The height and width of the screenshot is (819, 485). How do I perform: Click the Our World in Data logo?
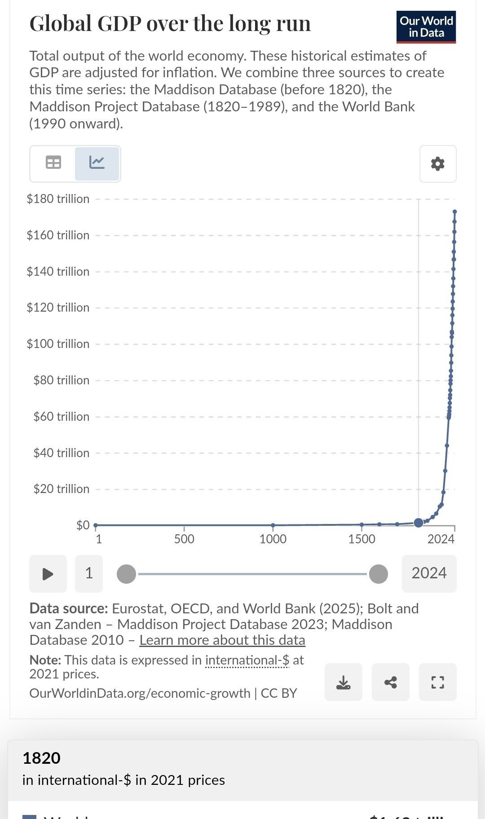[x=426, y=27]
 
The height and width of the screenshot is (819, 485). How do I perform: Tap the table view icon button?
[x=53, y=163]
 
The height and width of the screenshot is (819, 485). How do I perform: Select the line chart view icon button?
[x=97, y=163]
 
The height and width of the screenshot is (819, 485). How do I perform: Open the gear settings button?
[x=438, y=164]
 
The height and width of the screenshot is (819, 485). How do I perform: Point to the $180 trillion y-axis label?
[x=58, y=199]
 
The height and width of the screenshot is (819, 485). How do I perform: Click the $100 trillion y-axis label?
[x=58, y=344]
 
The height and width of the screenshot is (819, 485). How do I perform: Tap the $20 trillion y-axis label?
[x=61, y=489]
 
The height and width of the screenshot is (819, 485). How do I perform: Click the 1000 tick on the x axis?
[x=273, y=539]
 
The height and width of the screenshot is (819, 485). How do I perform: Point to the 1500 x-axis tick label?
[x=362, y=539]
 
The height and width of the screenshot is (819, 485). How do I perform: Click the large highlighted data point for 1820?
[x=419, y=522]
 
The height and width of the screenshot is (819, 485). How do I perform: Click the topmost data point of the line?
[x=454, y=211]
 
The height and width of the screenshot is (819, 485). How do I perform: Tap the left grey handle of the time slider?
[x=126, y=574]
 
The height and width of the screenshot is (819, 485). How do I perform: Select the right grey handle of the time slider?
[x=379, y=574]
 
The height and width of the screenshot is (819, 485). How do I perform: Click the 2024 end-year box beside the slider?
[x=429, y=573]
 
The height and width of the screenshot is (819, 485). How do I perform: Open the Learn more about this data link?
[x=222, y=640]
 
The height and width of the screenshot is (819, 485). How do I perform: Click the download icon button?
[x=344, y=682]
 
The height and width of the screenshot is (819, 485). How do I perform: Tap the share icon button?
[x=391, y=682]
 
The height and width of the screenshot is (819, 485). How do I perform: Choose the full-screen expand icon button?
[x=438, y=682]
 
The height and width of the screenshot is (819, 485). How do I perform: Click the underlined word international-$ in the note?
[x=247, y=660]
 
